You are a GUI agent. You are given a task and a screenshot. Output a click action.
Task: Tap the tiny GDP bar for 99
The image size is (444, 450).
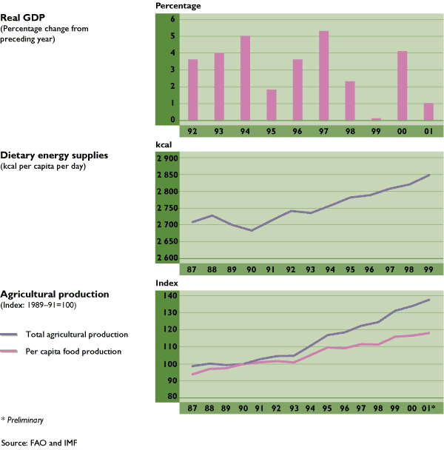[x=377, y=119]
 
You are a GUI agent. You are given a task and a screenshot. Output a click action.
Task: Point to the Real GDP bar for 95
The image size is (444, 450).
[x=272, y=105]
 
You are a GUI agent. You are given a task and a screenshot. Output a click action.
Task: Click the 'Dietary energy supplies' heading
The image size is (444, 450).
[x=55, y=155]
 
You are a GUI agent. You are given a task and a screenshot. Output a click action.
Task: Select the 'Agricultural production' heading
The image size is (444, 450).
[x=55, y=294]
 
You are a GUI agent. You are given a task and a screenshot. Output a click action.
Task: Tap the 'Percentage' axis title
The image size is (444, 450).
[x=178, y=6]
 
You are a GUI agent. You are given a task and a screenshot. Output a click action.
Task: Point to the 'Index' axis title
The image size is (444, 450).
[x=166, y=283]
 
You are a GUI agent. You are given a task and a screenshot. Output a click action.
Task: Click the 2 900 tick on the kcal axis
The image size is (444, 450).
[x=167, y=158]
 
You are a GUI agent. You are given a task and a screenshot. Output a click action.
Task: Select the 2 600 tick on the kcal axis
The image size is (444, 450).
[x=167, y=258]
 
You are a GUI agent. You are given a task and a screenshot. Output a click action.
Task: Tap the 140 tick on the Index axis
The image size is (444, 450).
[x=169, y=296]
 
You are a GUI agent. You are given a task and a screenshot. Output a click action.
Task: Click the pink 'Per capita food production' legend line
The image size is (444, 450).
[x=10, y=351]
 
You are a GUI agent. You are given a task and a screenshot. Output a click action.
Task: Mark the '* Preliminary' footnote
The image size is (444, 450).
[x=22, y=420]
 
